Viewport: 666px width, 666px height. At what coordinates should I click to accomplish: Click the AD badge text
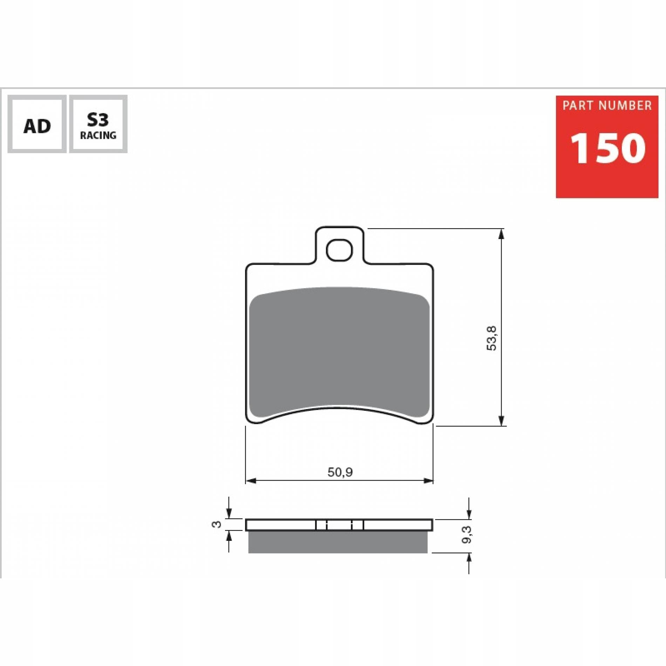coord(37,126)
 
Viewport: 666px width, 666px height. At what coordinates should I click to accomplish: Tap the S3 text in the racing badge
coord(98,120)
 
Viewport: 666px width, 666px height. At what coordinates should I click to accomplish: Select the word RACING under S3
coord(98,135)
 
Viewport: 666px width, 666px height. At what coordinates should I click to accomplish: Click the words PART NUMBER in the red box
coord(607,106)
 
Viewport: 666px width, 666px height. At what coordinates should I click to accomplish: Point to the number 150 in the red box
coord(607,148)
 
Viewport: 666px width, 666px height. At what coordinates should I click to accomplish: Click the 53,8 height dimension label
coord(492,338)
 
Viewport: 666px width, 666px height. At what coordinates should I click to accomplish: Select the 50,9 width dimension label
coord(340,472)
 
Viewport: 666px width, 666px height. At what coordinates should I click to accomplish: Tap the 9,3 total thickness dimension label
coord(467,535)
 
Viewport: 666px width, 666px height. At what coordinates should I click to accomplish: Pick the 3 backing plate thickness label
coord(217,524)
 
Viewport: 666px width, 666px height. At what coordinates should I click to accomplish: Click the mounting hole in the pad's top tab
coord(339,250)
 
